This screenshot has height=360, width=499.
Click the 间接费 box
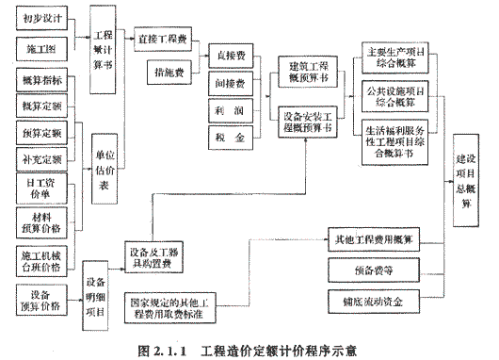pos(231,83)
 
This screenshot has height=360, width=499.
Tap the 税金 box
pos(231,138)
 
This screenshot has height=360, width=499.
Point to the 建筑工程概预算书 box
pos(307,72)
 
